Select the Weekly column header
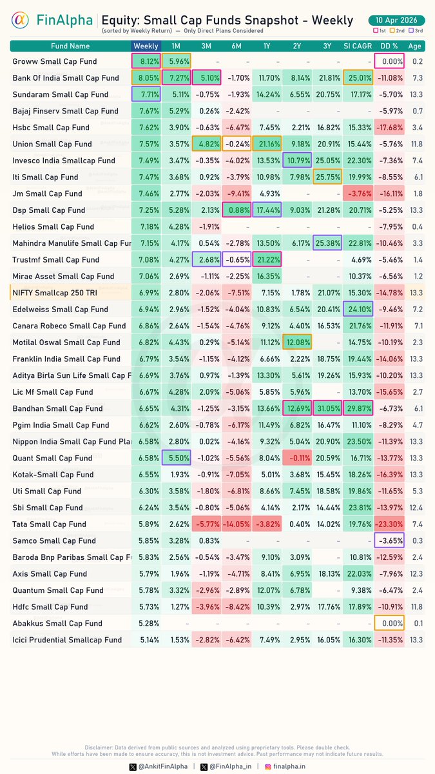[146, 46]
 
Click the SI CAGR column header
[358, 46]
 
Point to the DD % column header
[389, 46]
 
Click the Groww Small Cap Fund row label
[55, 62]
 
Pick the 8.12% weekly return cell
[146, 62]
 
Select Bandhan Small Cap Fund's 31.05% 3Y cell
[329, 408]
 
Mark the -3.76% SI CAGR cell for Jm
[358, 193]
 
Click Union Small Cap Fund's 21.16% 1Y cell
[268, 144]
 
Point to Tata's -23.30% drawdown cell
[389, 524]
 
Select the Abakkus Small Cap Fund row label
[57, 623]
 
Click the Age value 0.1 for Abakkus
[417, 623]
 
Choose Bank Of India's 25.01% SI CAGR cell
[358, 78]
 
